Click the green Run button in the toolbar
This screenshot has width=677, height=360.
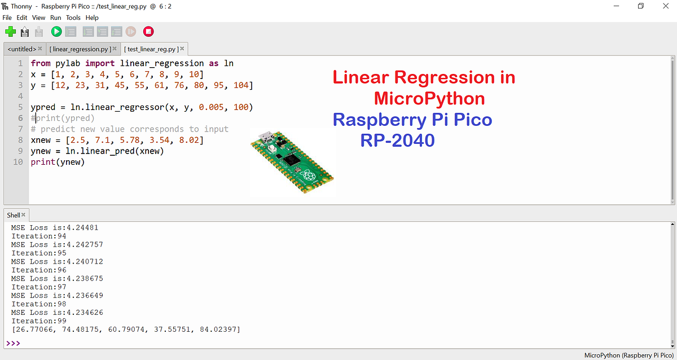(x=56, y=32)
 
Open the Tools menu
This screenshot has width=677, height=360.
(x=73, y=17)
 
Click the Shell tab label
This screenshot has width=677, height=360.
(x=14, y=215)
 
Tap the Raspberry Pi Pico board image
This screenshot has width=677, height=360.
(x=292, y=164)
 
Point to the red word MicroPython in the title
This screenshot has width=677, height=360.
(x=429, y=99)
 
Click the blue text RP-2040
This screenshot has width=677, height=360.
(x=398, y=140)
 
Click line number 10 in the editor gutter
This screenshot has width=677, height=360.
(x=19, y=163)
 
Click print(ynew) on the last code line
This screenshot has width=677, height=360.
(x=58, y=163)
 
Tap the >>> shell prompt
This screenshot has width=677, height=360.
(x=13, y=343)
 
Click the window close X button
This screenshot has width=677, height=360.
(x=665, y=6)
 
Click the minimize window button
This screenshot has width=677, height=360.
(x=616, y=6)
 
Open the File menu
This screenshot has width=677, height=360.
(x=7, y=17)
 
